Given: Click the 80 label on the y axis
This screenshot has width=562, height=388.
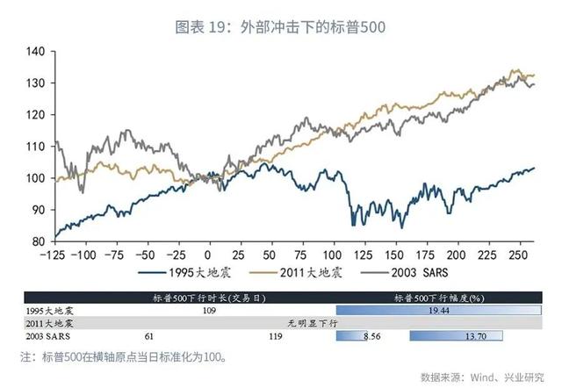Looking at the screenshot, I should pyautogui.click(x=37, y=241).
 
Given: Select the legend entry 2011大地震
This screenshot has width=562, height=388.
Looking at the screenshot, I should pyautogui.click(x=304, y=272).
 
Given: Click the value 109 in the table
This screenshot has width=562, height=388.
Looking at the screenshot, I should pyautogui.click(x=209, y=311).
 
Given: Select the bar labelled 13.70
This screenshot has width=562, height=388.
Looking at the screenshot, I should pyautogui.click(x=456, y=335).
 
